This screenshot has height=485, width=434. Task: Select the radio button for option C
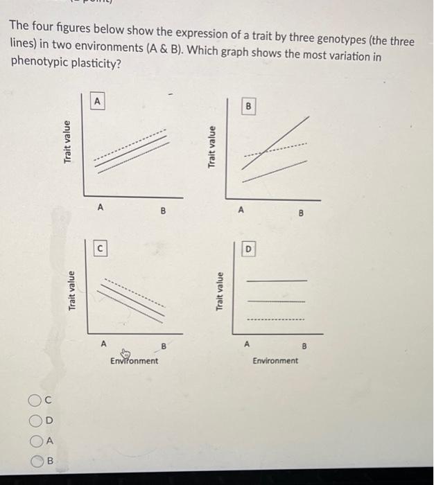pyautogui.click(x=35, y=400)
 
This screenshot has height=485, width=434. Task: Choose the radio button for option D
pyautogui.click(x=35, y=420)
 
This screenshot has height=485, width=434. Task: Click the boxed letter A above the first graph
pyautogui.click(x=98, y=101)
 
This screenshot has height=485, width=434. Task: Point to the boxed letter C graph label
pyautogui.click(x=100, y=246)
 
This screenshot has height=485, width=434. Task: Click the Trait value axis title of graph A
pyautogui.click(x=67, y=142)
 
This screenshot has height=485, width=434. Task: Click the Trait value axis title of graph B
pyautogui.click(x=213, y=146)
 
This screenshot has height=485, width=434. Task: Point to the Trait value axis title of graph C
pyautogui.click(x=71, y=290)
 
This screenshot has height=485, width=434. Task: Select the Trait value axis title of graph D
pyautogui.click(x=220, y=292)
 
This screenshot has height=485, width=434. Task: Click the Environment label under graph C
pyautogui.click(x=134, y=361)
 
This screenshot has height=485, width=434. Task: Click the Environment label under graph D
pyautogui.click(x=275, y=360)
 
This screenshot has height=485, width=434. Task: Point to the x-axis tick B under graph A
pyautogui.click(x=164, y=210)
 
